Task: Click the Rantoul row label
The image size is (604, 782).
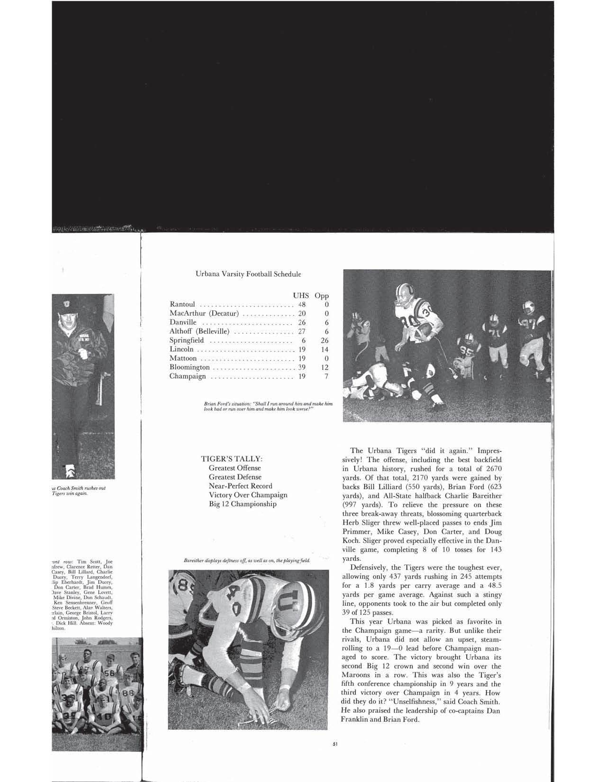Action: click(182, 304)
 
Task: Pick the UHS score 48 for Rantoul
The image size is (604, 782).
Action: click(302, 304)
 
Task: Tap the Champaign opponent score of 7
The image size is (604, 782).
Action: click(326, 376)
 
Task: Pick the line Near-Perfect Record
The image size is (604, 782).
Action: click(241, 486)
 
